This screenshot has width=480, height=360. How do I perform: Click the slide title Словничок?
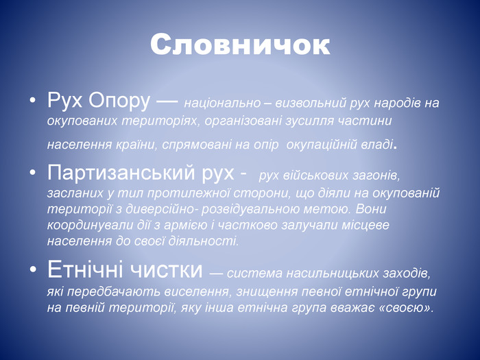pyautogui.click(x=240, y=45)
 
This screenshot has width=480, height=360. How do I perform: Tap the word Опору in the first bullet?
pyautogui.click(x=120, y=101)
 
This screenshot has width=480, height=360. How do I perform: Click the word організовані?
pyautogui.click(x=243, y=121)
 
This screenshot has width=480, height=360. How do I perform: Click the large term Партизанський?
pyautogui.click(x=121, y=172)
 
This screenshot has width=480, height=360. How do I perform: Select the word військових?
pyautogui.click(x=315, y=176)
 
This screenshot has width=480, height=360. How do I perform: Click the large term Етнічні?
pyautogui.click(x=86, y=269)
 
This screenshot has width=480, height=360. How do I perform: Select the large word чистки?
pyautogui.click(x=166, y=269)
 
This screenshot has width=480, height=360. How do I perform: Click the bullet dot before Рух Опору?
pyautogui.click(x=32, y=100)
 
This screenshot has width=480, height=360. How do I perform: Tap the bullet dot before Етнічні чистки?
pyautogui.click(x=32, y=269)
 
